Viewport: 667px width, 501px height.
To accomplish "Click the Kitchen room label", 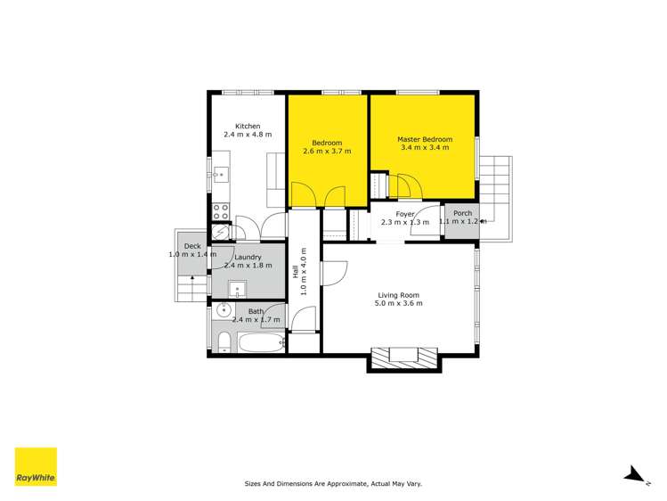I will tap(247, 126).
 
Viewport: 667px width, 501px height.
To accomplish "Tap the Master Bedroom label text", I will tap(425, 139).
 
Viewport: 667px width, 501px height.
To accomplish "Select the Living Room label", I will tap(398, 295).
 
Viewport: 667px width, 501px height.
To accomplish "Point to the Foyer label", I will tap(405, 214).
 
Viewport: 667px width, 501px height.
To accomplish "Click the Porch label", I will tap(462, 213).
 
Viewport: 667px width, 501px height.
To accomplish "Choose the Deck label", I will tap(191, 247).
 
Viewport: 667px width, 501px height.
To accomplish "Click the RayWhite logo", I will tap(36, 466).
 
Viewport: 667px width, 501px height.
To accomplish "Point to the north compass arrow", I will tap(635, 475).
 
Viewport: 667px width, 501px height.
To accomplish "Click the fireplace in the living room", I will tap(403, 357).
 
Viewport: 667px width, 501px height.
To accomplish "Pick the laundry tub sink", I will tap(238, 288).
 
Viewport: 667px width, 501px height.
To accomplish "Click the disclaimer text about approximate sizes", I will tap(333, 484).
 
